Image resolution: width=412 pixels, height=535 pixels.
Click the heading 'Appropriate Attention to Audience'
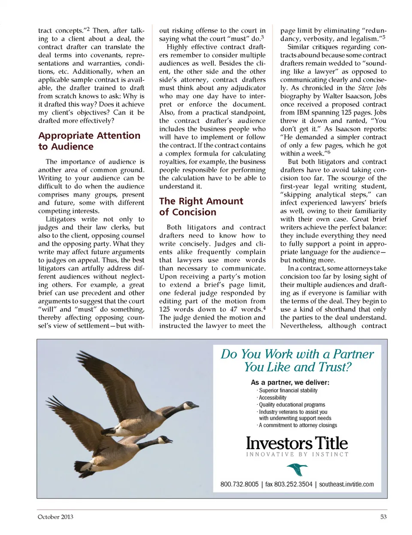[89, 141]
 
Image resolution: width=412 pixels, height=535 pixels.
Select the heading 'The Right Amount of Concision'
[201, 207]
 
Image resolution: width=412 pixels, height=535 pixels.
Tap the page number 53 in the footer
[383, 517]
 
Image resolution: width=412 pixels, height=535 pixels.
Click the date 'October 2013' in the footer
[55, 517]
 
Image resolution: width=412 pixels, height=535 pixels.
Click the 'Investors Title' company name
[297, 443]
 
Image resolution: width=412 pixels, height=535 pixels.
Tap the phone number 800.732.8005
[239, 484]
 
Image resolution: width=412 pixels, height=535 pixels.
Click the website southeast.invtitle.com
[346, 484]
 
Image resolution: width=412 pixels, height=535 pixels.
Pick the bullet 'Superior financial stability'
[288, 391]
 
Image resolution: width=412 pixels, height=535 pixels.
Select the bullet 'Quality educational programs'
[292, 405]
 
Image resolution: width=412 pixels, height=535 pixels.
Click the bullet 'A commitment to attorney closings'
[298, 425]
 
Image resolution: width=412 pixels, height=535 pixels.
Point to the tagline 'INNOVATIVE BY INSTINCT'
[297, 454]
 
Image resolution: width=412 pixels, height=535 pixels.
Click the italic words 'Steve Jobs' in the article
[372, 88]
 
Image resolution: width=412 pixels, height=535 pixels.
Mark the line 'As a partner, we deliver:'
[290, 382]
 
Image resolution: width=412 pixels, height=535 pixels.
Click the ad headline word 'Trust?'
[334, 367]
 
